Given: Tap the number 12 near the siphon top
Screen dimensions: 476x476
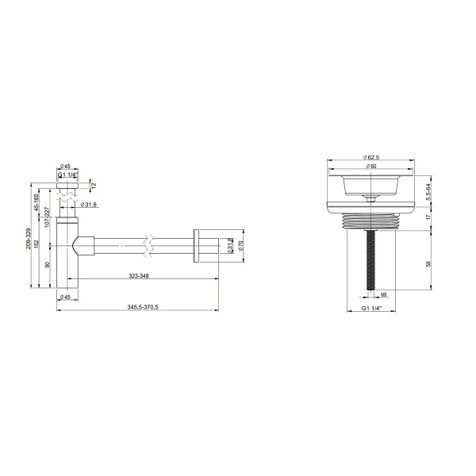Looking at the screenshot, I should [x=94, y=186].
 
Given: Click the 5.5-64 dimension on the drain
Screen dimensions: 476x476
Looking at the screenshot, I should [x=429, y=190].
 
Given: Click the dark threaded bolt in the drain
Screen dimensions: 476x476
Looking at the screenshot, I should [x=371, y=254].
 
